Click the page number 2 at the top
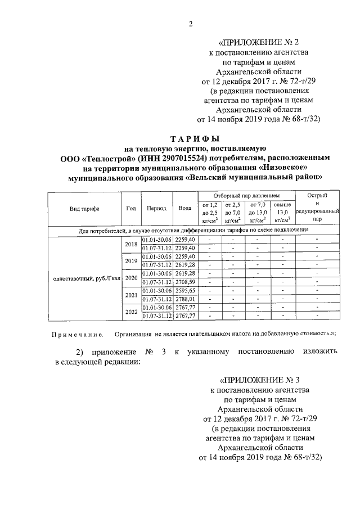click(x=191, y=23)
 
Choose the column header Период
click(x=156, y=208)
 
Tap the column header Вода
click(x=184, y=208)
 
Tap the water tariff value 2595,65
click(x=184, y=290)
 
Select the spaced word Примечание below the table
click(x=77, y=334)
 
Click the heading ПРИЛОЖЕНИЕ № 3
click(x=257, y=380)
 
